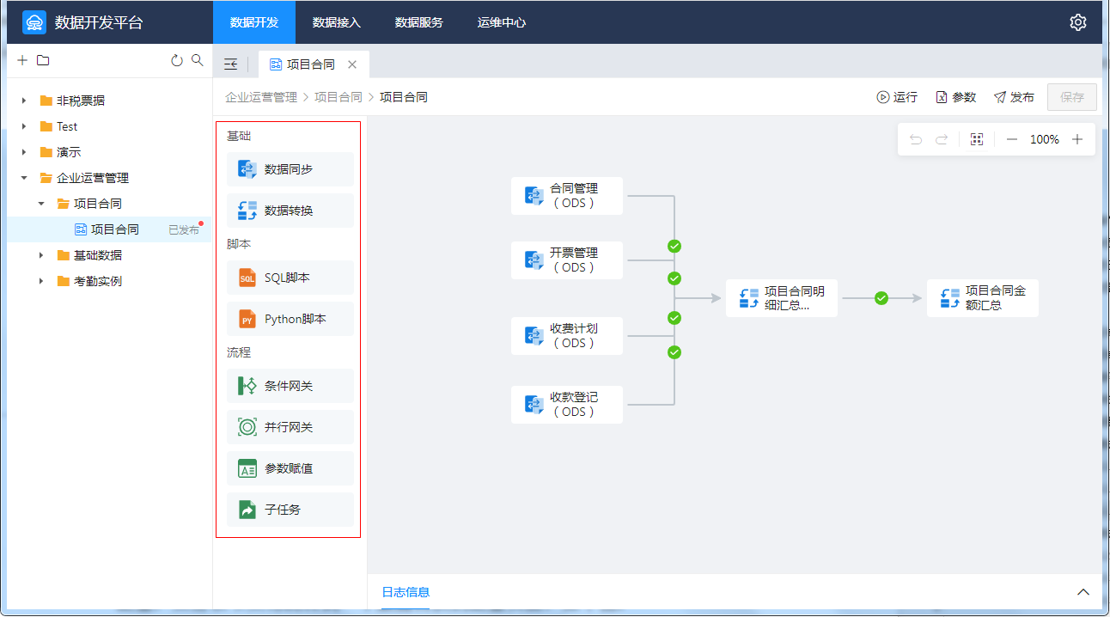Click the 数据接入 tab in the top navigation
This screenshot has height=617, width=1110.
(336, 22)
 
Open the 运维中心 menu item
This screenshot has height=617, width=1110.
(501, 22)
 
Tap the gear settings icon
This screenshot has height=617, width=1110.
(1078, 22)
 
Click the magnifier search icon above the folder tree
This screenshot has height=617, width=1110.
(198, 60)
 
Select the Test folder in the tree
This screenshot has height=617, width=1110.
(67, 126)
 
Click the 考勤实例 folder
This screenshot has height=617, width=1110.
(98, 281)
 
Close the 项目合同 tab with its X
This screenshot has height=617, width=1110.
(352, 64)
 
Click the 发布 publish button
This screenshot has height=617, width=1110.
(1014, 97)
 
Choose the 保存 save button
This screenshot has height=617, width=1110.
(1071, 97)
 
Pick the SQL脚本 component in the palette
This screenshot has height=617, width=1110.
(290, 278)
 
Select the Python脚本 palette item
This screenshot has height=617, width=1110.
(290, 319)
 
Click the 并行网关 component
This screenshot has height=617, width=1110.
(290, 427)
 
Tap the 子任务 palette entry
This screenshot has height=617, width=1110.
(290, 510)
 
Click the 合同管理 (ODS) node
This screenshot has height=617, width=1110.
(567, 196)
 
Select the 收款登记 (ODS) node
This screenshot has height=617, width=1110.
(567, 405)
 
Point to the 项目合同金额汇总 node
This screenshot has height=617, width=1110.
(983, 298)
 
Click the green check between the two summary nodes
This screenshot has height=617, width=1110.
(881, 298)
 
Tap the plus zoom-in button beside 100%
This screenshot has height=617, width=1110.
(1076, 139)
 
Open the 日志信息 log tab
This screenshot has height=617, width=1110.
(406, 592)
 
